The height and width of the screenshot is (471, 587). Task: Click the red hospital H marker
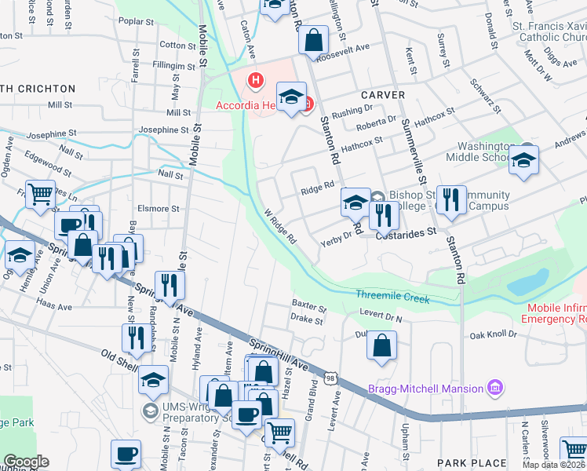tap(255, 79)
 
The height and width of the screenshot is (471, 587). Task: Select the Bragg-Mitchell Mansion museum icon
tap(495, 388)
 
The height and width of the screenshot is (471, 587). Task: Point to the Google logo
tap(26, 462)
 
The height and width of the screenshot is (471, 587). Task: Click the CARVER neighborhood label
tap(383, 95)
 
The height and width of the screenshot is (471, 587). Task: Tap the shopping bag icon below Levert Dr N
tap(381, 345)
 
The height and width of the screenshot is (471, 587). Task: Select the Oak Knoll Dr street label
tap(494, 334)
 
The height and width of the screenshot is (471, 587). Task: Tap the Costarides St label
tap(406, 234)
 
